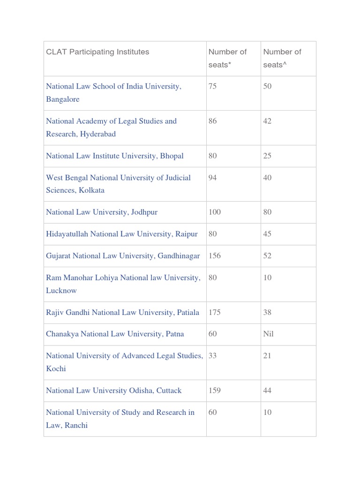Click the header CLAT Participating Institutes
point(97,52)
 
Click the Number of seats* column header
point(227,58)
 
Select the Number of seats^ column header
point(282,58)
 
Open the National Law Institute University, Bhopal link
point(115,156)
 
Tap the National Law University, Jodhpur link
point(102,212)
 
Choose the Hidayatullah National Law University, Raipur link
point(122,234)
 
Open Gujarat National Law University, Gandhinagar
point(123,256)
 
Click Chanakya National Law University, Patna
point(115,334)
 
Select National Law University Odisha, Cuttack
point(114,390)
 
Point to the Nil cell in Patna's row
point(269,334)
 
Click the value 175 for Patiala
point(215,312)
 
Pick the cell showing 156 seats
point(215,256)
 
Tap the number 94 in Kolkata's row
point(213,178)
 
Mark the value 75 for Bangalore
point(213,86)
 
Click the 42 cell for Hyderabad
point(267,121)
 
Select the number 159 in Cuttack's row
point(215,390)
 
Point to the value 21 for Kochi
point(267,356)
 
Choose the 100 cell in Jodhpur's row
point(215,212)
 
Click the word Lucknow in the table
point(61,291)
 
